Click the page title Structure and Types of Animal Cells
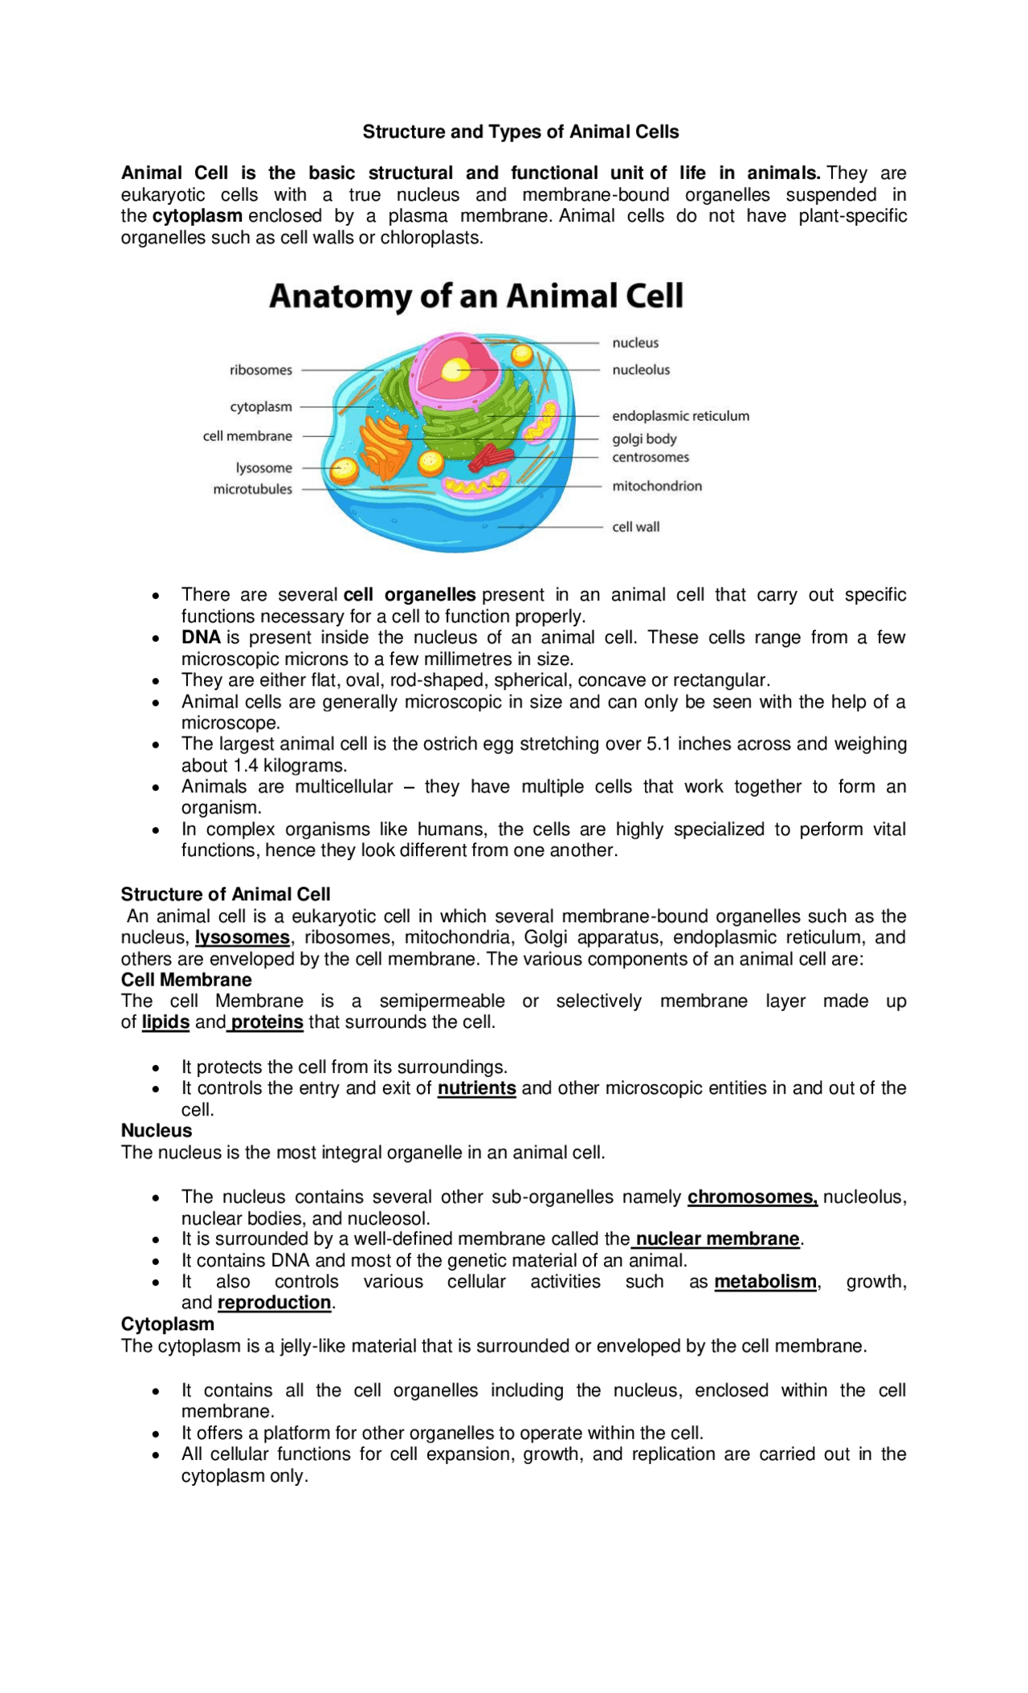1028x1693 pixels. click(x=520, y=132)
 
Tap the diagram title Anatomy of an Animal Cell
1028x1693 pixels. click(x=476, y=296)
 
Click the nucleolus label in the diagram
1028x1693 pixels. click(x=640, y=370)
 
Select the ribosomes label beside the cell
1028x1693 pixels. click(x=261, y=370)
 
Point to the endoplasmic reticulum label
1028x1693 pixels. click(x=680, y=416)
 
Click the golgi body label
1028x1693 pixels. click(x=644, y=439)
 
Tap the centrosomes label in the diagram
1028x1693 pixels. click(x=651, y=457)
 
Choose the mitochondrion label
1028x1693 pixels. click(x=657, y=486)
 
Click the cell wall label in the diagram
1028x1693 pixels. click(x=636, y=527)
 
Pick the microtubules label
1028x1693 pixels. click(x=252, y=489)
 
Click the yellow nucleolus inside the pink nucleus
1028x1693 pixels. click(x=456, y=370)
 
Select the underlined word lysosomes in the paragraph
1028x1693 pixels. click(x=243, y=938)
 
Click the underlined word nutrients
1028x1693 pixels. click(x=476, y=1088)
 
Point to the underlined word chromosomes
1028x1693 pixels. click(x=752, y=1197)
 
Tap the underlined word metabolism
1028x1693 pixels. click(x=765, y=1282)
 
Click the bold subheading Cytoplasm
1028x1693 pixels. click(x=168, y=1324)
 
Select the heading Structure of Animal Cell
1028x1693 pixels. click(x=226, y=895)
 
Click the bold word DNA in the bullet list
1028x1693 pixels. click(x=201, y=638)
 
